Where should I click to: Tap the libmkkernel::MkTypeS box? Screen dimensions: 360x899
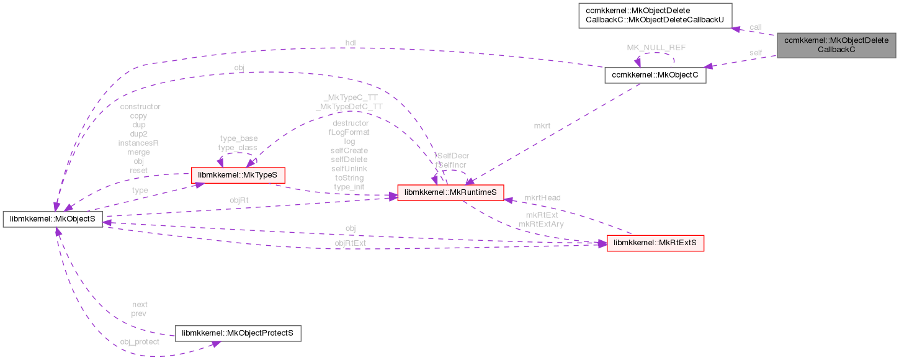click(x=238, y=176)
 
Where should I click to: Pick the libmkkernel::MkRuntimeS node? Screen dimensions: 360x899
click(x=450, y=193)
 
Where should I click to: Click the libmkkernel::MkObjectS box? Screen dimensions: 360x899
click(x=52, y=219)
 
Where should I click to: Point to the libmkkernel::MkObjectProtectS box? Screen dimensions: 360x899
click(x=238, y=333)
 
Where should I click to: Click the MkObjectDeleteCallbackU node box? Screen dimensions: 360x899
click(x=655, y=15)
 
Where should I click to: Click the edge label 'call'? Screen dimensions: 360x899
click(x=755, y=27)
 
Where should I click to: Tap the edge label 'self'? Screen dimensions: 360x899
click(x=755, y=53)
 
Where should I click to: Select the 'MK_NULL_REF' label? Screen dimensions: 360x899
click(x=656, y=47)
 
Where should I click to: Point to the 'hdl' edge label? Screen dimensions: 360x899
click(x=351, y=43)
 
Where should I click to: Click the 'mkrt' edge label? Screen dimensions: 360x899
click(x=542, y=125)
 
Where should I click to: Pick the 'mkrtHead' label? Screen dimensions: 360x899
click(x=542, y=197)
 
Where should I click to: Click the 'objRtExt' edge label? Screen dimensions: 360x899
click(x=351, y=243)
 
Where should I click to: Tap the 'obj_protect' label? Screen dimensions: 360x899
click(x=140, y=341)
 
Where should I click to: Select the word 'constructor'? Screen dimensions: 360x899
click(x=140, y=107)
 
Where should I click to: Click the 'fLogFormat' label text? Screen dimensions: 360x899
click(x=349, y=132)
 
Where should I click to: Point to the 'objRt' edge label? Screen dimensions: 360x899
click(x=239, y=200)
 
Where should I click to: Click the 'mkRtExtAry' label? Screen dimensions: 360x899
click(x=541, y=224)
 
